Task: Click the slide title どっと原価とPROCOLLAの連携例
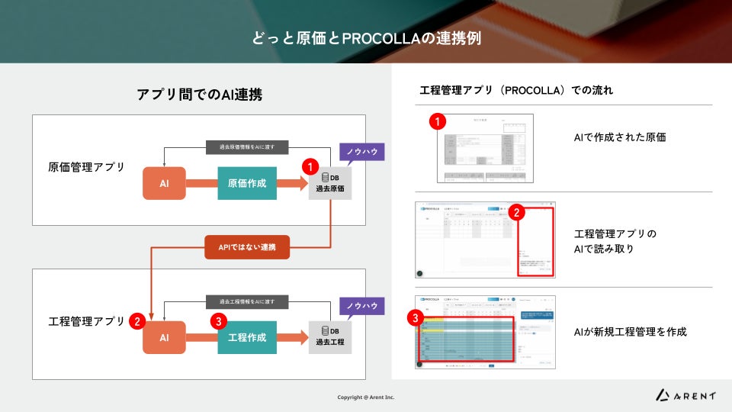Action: pos(366,37)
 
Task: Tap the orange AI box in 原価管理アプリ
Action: pos(164,183)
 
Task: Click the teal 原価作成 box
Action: pos(247,183)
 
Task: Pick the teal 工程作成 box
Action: pos(247,337)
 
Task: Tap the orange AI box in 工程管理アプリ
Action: pos(164,337)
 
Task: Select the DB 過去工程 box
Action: pos(330,336)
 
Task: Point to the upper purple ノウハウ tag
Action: pos(362,152)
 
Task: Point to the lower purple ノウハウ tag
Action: pos(362,305)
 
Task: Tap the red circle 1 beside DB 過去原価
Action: pos(310,165)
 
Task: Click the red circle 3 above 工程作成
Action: pos(220,321)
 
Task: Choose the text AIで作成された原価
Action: pos(615,137)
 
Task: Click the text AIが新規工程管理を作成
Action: pos(630,332)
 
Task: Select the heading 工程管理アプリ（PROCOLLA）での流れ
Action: pos(516,90)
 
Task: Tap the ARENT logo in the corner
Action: pos(686,394)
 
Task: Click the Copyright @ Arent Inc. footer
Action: pos(366,398)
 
